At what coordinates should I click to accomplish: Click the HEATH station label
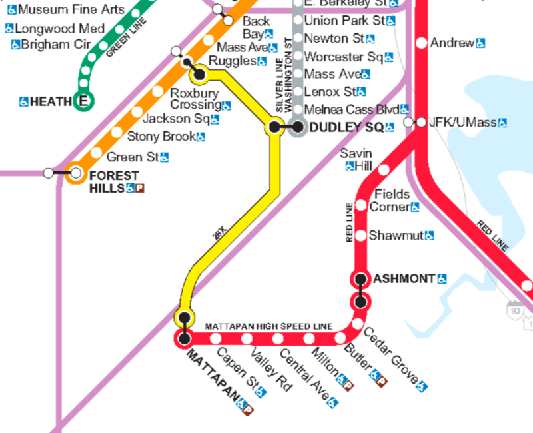coord(50,101)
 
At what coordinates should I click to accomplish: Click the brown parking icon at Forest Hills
coord(140,189)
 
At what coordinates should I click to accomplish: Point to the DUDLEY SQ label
coord(347,127)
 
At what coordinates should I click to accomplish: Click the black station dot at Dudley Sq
coord(297,127)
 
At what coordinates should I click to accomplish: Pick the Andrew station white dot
coord(421,43)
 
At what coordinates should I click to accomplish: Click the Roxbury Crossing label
coord(195,99)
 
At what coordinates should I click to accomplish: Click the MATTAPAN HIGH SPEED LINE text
coord(268,326)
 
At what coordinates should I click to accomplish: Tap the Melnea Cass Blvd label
coord(351,109)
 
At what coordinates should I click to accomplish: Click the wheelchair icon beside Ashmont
coord(442,278)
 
